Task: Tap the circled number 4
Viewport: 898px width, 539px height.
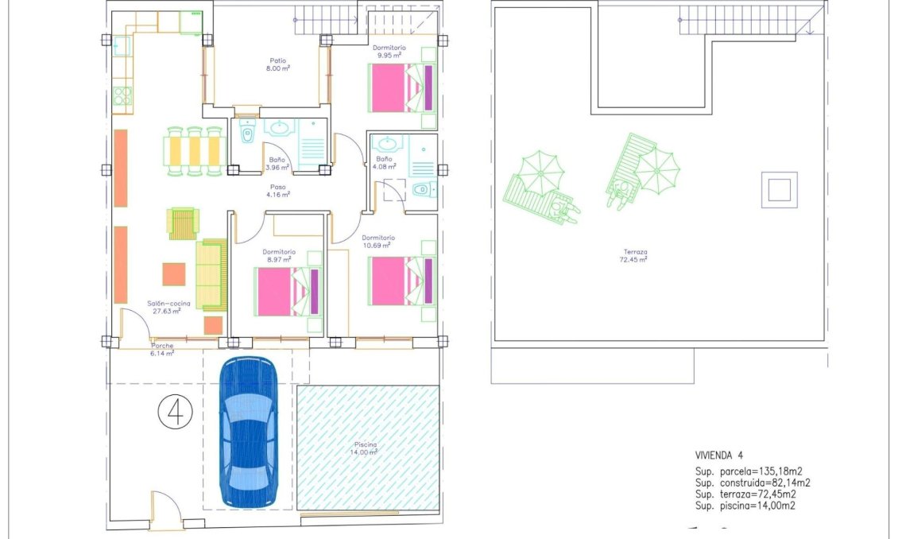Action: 176,413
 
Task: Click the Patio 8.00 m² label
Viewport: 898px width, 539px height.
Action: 278,64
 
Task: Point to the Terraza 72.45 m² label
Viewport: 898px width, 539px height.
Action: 634,256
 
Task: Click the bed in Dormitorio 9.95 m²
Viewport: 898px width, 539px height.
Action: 401,87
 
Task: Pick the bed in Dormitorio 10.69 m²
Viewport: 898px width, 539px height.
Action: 402,280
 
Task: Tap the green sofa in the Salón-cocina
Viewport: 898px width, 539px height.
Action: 211,274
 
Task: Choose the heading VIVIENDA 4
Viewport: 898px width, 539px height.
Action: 718,456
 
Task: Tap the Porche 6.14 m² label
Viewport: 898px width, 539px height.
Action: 163,349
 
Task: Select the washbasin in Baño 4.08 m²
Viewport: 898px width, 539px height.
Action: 389,144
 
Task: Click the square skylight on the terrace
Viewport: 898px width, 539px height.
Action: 778,190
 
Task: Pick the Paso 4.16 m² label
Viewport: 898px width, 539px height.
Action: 278,191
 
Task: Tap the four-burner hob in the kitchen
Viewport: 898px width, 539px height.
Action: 122,96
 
